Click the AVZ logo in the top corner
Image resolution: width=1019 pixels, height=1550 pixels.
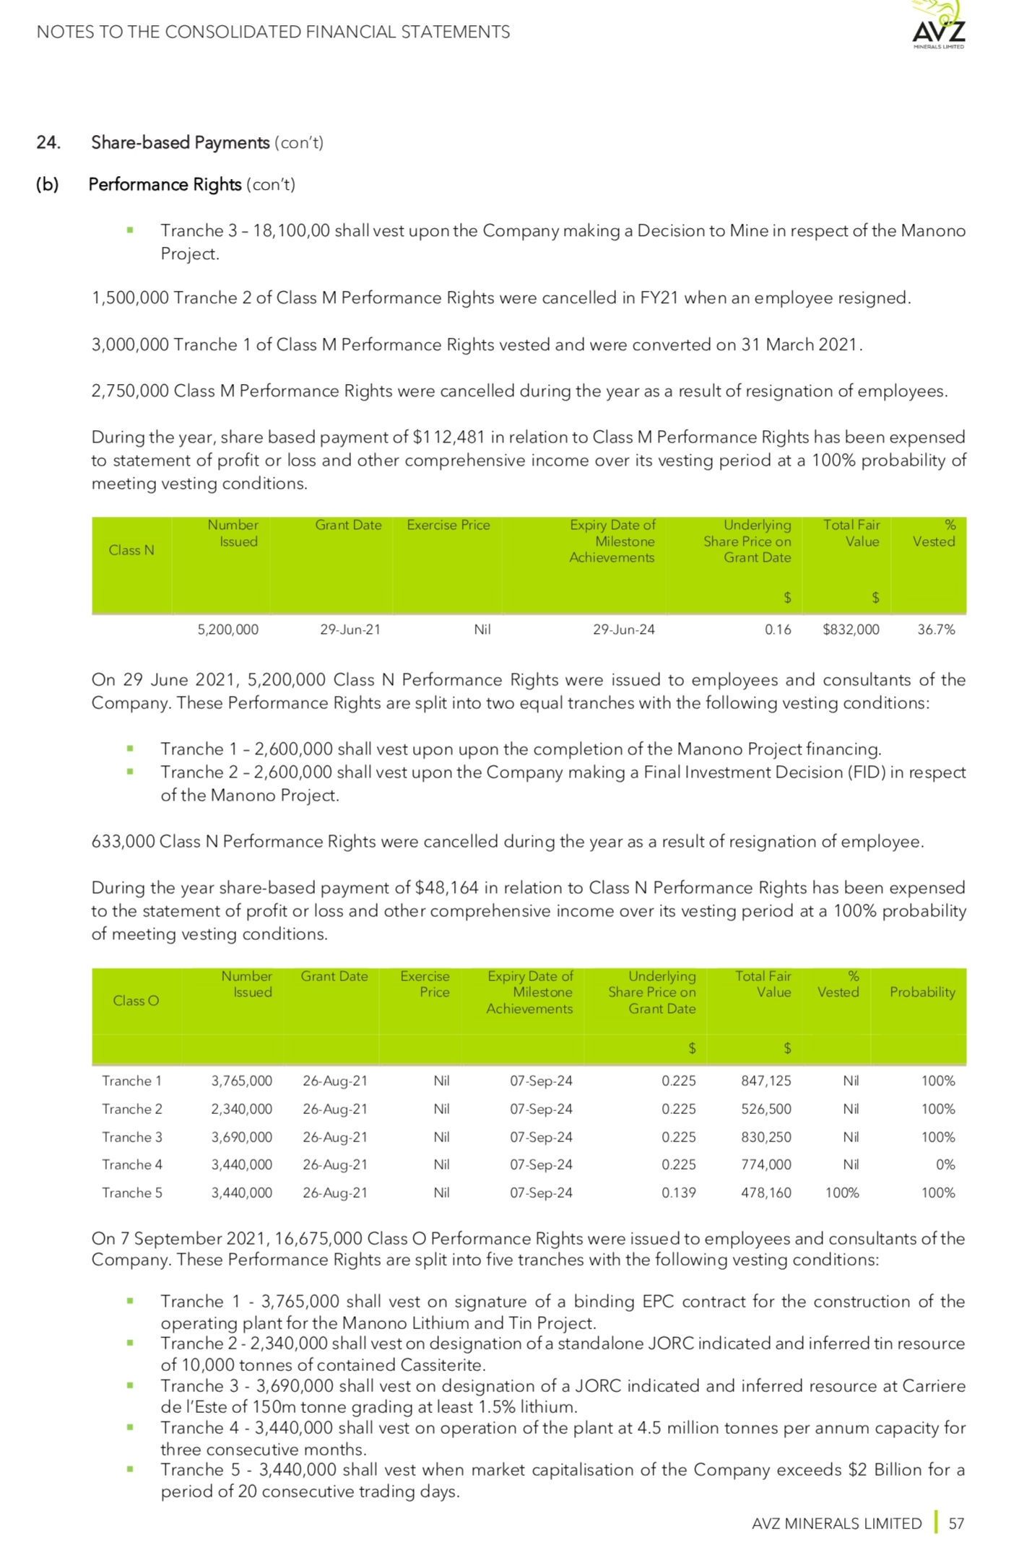click(x=937, y=26)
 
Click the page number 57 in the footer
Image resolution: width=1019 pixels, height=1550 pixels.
click(x=956, y=1523)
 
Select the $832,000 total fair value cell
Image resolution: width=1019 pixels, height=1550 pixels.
click(x=851, y=630)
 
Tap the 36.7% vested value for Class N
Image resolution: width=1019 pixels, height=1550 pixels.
click(x=936, y=630)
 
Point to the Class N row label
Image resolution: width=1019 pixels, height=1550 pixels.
click(x=131, y=550)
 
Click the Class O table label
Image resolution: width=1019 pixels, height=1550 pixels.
click(x=136, y=1001)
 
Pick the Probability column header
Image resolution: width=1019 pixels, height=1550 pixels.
click(x=922, y=992)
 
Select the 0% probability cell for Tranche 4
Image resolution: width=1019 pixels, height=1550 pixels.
click(x=945, y=1164)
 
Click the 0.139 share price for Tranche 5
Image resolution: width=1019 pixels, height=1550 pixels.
click(x=678, y=1193)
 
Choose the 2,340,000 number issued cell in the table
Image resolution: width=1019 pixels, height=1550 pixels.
click(x=241, y=1109)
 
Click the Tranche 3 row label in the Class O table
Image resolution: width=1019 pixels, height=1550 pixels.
click(x=132, y=1137)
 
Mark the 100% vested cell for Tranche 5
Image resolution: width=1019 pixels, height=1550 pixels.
click(x=842, y=1193)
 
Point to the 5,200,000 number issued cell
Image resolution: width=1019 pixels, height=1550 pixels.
click(x=227, y=630)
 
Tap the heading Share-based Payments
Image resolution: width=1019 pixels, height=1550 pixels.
click(x=180, y=142)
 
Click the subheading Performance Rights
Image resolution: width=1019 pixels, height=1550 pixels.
click(x=165, y=185)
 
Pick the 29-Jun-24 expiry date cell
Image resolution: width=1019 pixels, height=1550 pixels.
click(x=623, y=630)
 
